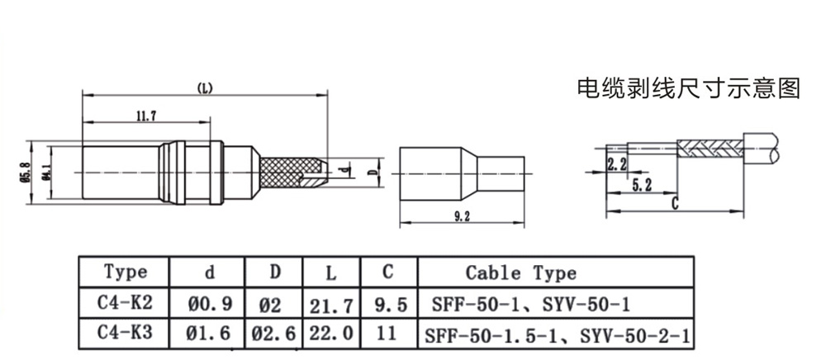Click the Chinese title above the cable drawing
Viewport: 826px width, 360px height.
click(687, 88)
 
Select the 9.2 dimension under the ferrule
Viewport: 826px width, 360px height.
click(462, 216)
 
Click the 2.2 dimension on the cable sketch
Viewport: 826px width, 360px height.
click(616, 163)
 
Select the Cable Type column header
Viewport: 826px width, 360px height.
click(520, 272)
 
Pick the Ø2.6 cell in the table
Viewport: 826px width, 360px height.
click(274, 334)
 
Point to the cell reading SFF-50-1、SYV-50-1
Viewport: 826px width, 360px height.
click(530, 305)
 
